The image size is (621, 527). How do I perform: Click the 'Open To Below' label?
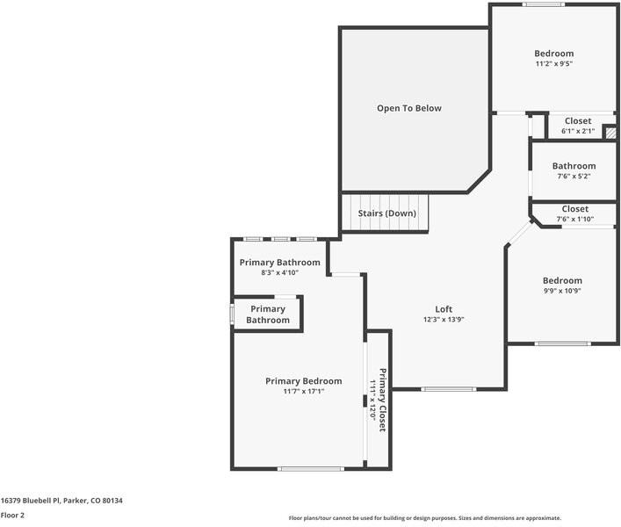[409, 108]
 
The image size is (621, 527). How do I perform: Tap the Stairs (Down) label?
[386, 213]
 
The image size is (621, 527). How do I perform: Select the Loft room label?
[444, 309]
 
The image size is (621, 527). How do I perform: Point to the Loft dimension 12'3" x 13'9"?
[444, 320]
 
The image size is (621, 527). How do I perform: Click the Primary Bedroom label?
[303, 381]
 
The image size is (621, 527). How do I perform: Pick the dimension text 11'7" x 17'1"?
[303, 392]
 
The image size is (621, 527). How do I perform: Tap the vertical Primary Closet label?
[381, 400]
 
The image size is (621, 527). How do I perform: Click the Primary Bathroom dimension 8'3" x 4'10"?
[280, 273]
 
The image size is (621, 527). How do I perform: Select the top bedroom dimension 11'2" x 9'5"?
[554, 64]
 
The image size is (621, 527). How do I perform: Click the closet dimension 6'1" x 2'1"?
[578, 132]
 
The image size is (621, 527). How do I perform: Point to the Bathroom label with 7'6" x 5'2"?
[574, 166]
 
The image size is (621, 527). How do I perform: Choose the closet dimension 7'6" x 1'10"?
[574, 220]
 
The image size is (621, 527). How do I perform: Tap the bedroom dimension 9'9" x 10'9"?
[561, 291]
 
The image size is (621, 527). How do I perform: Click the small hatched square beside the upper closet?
[610, 131]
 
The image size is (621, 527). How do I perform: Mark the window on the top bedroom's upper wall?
[544, 5]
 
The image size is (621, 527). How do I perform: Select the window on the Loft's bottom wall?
[449, 388]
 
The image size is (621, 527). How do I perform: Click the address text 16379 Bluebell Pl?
[61, 501]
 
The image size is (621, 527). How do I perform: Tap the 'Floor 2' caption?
[12, 516]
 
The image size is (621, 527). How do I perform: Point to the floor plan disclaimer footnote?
[425, 518]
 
